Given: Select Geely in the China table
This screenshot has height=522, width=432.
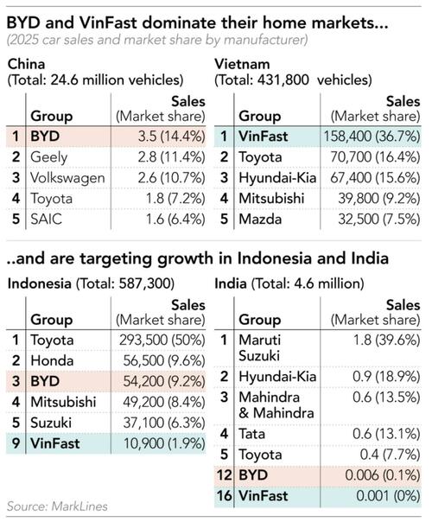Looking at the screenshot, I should point(50,156).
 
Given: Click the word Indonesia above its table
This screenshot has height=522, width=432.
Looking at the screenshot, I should point(40,282).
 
